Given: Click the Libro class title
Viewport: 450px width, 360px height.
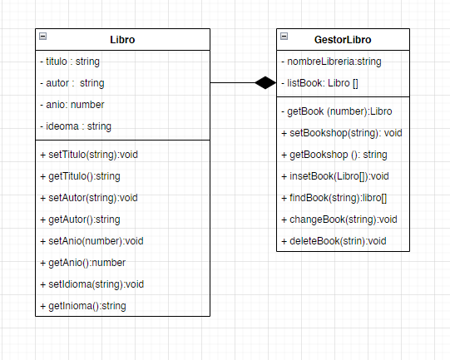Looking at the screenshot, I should tap(122, 39).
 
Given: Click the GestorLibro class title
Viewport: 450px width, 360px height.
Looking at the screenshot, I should tap(343, 39).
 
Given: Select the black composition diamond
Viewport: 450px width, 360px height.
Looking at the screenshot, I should tap(265, 82).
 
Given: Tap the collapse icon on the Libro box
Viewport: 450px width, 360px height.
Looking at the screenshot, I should tap(43, 37).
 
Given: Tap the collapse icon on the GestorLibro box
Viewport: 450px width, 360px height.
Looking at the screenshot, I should tap(284, 37).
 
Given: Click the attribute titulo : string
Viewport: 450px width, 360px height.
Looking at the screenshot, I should tap(70, 62).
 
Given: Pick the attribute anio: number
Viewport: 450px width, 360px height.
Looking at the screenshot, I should tap(72, 105).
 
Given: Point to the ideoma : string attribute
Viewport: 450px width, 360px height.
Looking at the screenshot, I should tap(75, 126).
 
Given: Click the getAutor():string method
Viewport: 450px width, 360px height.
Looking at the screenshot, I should tap(80, 219).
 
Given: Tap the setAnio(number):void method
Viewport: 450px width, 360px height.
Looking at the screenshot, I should tap(91, 241).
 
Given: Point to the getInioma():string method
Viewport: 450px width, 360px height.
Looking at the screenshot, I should tap(82, 306).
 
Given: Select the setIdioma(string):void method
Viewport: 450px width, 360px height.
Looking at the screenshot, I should tap(91, 284).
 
